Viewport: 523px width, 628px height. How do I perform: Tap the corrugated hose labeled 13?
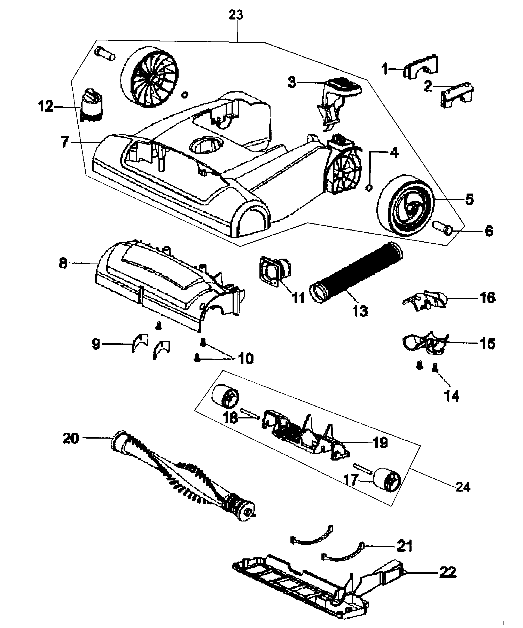[356, 273]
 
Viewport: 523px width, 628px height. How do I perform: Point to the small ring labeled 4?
[369, 188]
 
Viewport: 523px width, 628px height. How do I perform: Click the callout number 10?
[245, 358]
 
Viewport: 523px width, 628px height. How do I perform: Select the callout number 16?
[487, 298]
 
